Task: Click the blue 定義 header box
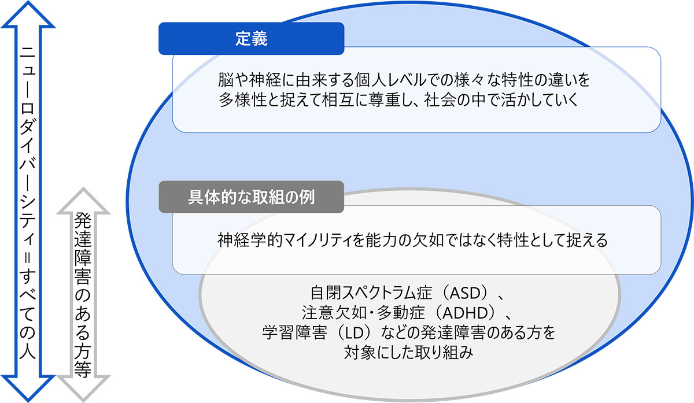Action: (x=251, y=38)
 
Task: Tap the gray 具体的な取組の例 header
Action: (x=251, y=197)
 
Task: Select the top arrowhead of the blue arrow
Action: (x=28, y=14)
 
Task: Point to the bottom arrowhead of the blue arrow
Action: (x=28, y=389)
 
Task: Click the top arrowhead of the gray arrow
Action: (x=83, y=201)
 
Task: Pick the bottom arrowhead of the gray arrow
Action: (x=83, y=389)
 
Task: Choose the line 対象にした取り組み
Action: (x=409, y=353)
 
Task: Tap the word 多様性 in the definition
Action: (x=242, y=100)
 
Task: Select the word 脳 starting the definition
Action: (x=226, y=80)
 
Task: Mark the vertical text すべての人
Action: (x=28, y=315)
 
